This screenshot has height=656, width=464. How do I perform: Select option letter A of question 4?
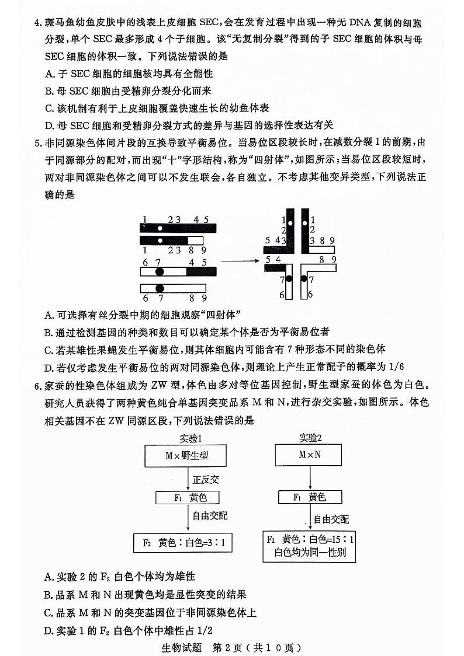point(49,74)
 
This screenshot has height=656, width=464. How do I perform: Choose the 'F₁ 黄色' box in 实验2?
point(310,497)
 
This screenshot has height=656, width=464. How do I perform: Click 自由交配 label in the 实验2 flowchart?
point(331,519)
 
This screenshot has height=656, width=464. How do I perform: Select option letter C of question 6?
point(49,613)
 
